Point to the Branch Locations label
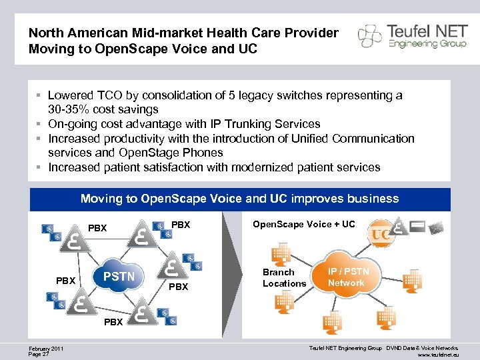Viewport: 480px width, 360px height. [x=284, y=277]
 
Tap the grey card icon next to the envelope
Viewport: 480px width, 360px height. [x=417, y=227]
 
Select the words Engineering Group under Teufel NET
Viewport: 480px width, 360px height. [x=419, y=44]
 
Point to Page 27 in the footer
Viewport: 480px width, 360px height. [x=39, y=355]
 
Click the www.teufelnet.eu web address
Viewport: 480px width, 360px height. [x=436, y=355]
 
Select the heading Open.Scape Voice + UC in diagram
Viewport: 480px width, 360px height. [x=303, y=224]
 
